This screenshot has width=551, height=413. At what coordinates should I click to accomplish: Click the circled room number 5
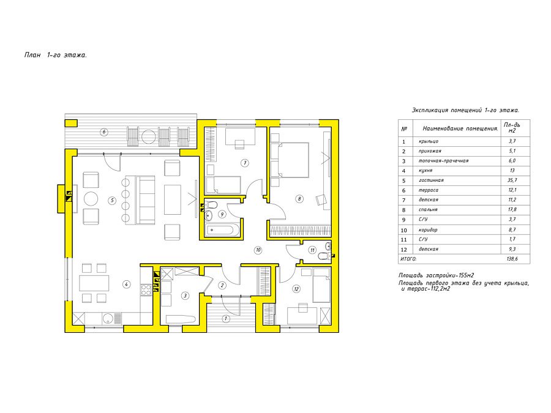pos(112,201)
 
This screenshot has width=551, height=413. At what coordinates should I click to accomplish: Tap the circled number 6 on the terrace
pos(103,132)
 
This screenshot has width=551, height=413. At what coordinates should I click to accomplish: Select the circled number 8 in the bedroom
pos(299,199)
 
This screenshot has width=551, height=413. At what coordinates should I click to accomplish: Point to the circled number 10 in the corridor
pos(258,250)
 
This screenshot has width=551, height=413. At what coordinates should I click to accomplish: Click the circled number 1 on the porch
pos(225,319)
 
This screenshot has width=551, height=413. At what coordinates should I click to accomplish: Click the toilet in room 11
pos(324,256)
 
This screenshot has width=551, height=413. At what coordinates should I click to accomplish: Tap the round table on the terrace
pos(148,136)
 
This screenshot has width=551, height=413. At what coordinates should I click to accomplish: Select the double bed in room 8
pos(290,160)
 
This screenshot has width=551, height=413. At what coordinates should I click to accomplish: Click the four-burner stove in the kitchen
pos(146,290)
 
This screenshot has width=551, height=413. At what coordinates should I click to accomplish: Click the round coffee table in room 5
pos(91,199)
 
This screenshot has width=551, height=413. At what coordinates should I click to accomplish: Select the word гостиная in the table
pos(431,180)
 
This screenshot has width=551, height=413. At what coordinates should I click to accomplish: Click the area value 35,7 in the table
pos(512,180)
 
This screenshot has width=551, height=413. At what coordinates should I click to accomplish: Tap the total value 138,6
pos(512,259)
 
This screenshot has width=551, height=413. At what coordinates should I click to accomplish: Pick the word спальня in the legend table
pos(428,210)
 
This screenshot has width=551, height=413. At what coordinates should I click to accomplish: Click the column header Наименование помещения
pos(460,128)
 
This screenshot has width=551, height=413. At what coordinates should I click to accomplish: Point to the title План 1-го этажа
pos(56,55)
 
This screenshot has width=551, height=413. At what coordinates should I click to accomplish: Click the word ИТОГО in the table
pos(408,259)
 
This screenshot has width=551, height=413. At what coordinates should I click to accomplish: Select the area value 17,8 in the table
pos(512,210)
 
